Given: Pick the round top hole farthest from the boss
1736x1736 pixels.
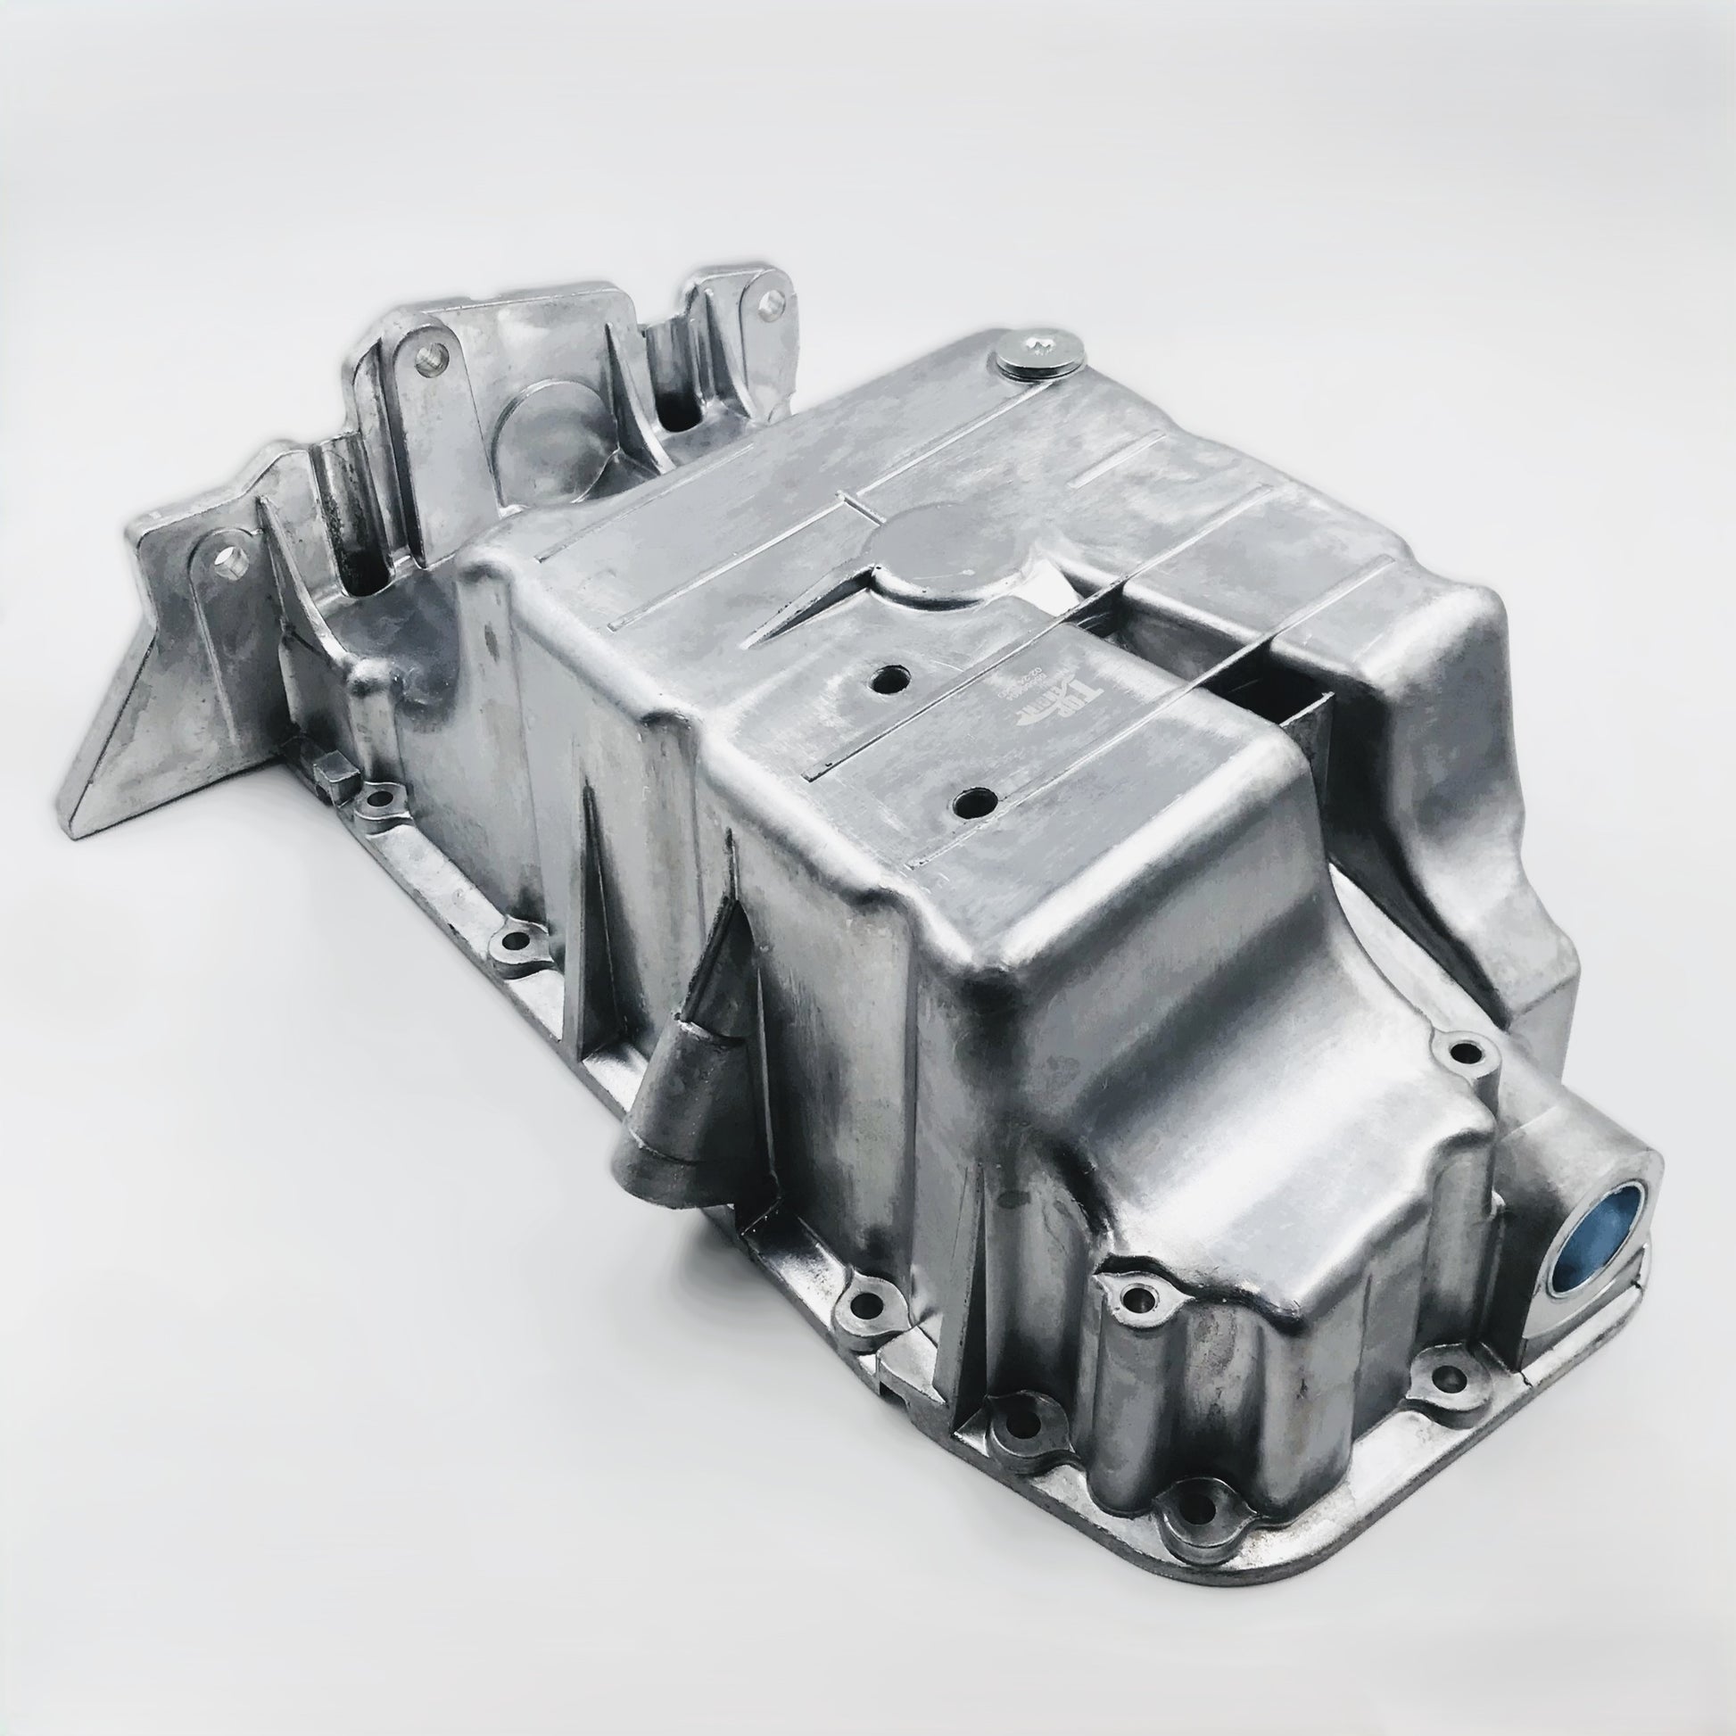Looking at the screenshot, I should [971, 799].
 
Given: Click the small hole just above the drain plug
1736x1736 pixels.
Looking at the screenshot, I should [1467, 1049].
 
